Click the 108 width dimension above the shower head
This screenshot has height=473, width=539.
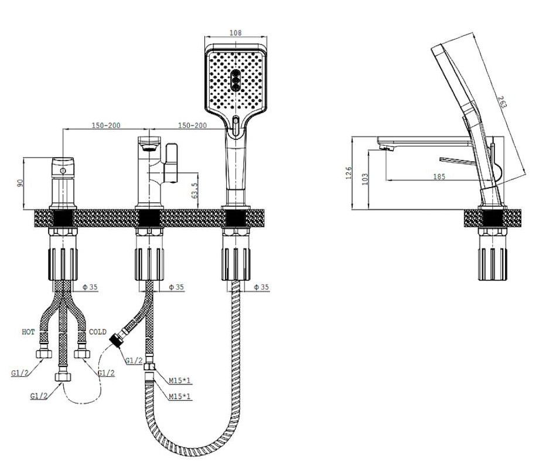click(x=235, y=32)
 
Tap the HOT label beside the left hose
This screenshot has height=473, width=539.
click(x=28, y=332)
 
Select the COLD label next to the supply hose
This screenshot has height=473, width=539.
click(x=98, y=332)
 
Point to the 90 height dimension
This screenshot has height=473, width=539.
click(x=20, y=183)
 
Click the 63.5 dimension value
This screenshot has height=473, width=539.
click(x=195, y=190)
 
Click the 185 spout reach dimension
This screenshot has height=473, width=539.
click(x=439, y=176)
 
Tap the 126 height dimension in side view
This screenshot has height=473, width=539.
click(x=349, y=173)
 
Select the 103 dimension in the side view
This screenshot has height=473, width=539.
click(x=365, y=179)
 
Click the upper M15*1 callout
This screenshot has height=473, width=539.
click(x=179, y=380)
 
